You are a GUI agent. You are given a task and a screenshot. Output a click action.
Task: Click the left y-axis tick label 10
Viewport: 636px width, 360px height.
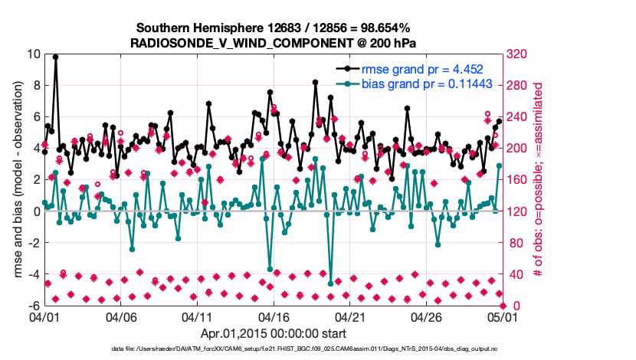(32, 54)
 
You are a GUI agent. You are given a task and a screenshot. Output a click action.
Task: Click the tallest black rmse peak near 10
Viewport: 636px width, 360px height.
(55, 57)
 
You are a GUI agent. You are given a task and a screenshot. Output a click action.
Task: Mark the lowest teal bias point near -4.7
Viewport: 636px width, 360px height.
(330, 284)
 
